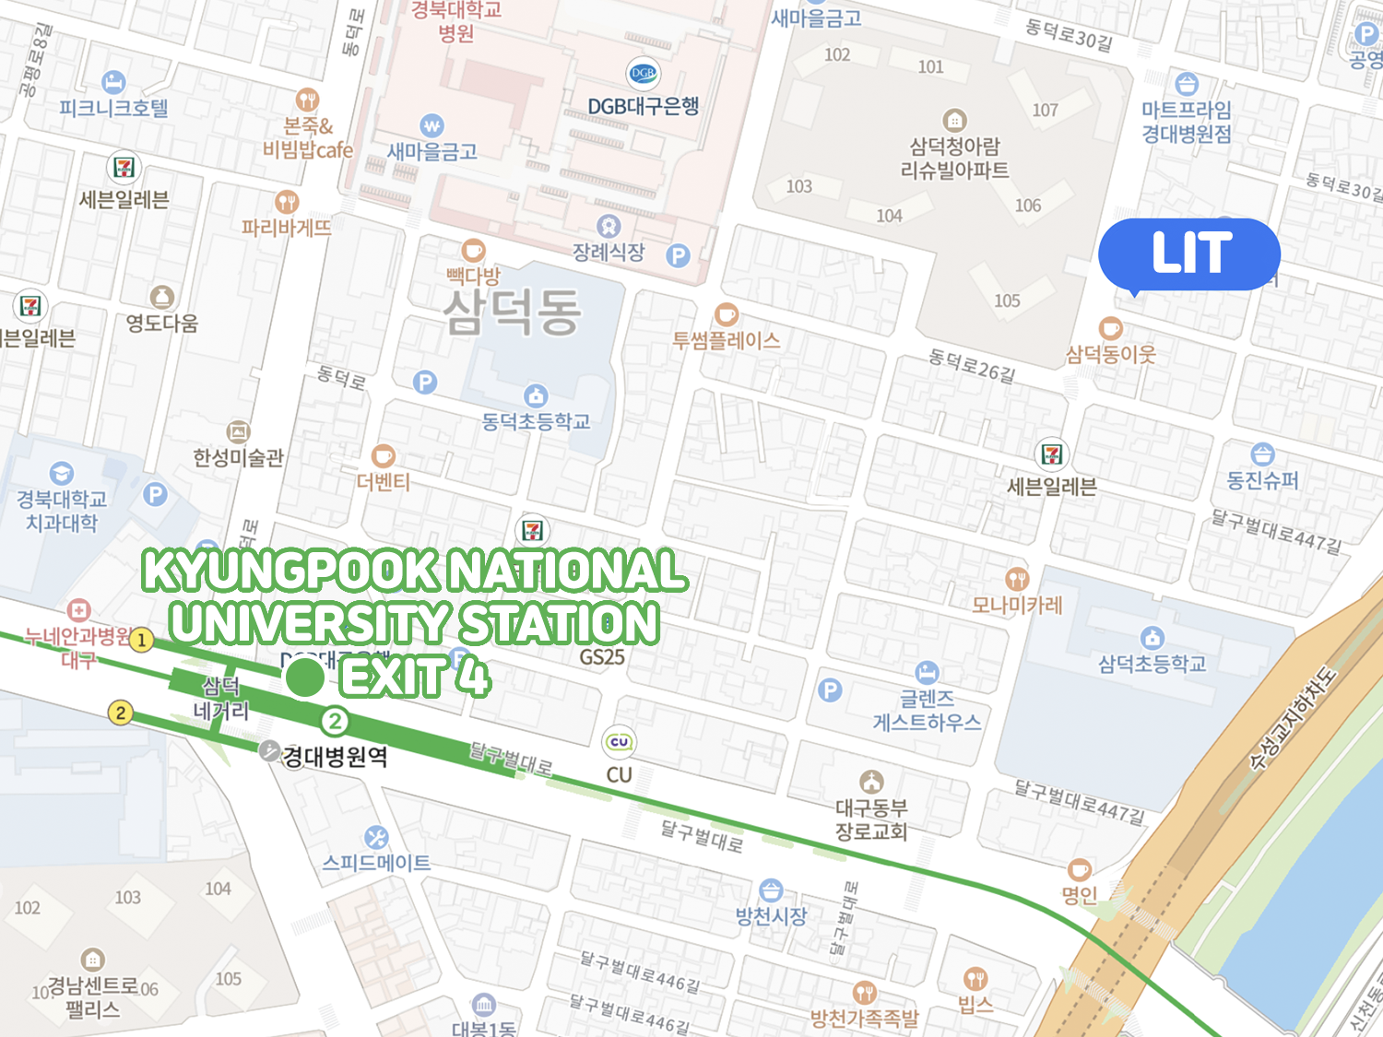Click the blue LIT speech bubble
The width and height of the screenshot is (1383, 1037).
click(1189, 253)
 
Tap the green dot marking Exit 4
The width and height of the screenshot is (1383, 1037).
click(304, 678)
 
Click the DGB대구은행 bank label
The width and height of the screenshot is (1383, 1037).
click(644, 106)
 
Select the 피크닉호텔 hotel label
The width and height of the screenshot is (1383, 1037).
click(113, 108)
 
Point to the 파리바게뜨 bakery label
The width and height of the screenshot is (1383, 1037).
click(286, 227)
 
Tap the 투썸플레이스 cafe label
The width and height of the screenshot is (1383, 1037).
click(727, 340)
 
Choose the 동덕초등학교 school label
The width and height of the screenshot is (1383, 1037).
click(536, 421)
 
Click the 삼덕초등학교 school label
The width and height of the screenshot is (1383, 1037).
click(1152, 663)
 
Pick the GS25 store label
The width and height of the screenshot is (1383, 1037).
click(602, 657)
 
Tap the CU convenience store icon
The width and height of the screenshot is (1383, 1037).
click(619, 742)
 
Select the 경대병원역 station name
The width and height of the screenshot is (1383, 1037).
click(335, 757)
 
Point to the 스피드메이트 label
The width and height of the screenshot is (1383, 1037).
click(376, 863)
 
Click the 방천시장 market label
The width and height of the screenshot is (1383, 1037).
click(771, 915)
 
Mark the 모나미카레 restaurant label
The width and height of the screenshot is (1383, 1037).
click(1017, 605)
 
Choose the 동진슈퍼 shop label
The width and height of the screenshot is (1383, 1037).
click(1262, 480)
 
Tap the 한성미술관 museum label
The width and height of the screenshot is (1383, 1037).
click(238, 457)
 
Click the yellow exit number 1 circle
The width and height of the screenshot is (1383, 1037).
click(141, 640)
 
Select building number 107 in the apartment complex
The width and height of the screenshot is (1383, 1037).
click(1045, 111)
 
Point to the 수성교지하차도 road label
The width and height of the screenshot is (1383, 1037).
click(1291, 719)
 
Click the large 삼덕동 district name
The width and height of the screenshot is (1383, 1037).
click(512, 312)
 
